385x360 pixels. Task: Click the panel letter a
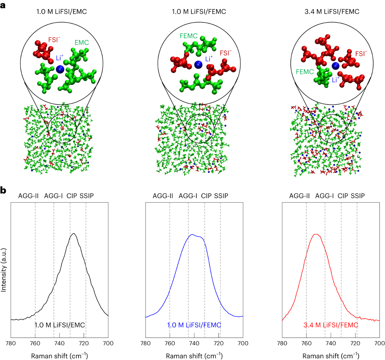point(3,6)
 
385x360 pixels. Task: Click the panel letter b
point(3,190)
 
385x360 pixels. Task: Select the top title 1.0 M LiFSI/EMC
point(62,12)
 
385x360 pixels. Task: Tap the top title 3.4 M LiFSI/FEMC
point(332,12)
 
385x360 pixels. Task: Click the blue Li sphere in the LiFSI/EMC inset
point(60,69)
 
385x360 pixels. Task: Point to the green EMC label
point(82,42)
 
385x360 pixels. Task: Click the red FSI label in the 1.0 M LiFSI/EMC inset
point(54,40)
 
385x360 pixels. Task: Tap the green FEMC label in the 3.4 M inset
point(305,72)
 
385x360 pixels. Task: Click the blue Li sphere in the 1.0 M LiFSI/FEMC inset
point(198,65)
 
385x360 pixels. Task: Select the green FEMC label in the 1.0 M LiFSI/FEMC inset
point(189,36)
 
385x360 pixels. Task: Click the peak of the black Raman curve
point(74,233)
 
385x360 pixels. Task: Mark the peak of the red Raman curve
point(316,234)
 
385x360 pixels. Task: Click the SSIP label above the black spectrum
point(87,196)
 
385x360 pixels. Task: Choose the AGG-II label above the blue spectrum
point(163,196)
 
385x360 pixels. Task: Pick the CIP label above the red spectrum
point(343,196)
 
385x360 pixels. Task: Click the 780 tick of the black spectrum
point(11,343)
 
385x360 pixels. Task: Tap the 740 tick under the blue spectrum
point(194,343)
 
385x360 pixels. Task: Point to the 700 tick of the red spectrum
point(380,343)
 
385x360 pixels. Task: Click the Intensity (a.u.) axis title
point(4,270)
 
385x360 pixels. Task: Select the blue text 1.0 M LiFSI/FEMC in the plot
point(194,325)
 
